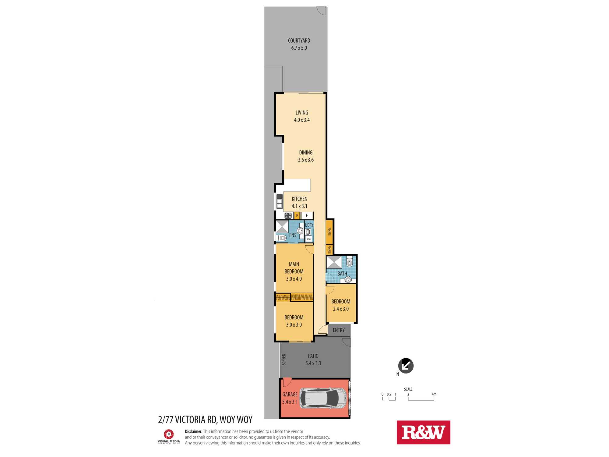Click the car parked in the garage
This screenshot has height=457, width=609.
(323, 398)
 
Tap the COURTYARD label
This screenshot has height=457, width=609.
(299, 41)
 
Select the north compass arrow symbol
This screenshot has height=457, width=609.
(406, 366)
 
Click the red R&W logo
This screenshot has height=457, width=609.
(423, 432)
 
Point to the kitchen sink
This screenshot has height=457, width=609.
(280, 202)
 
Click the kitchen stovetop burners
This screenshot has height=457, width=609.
(288, 216)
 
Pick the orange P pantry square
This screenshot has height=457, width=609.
(297, 215)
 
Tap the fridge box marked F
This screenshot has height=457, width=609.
(307, 215)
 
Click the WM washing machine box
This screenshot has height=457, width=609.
(308, 239)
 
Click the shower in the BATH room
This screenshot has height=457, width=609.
(334, 262)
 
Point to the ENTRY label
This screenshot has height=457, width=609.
(339, 330)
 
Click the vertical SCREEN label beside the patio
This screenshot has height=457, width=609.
(284, 360)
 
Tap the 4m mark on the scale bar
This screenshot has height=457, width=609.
(434, 394)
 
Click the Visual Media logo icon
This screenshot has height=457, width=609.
(169, 434)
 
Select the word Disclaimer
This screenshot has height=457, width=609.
(194, 431)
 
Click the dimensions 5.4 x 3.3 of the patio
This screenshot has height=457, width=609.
(313, 363)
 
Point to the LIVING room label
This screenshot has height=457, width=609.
(302, 113)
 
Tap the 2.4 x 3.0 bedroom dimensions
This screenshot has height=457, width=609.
(341, 309)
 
